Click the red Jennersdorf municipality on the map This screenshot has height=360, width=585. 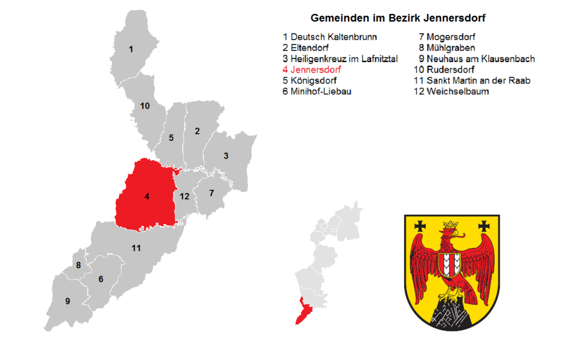tap(146, 196)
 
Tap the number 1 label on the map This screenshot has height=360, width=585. tap(130, 49)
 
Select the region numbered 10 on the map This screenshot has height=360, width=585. tap(144, 106)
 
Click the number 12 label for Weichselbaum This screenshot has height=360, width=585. tap(184, 196)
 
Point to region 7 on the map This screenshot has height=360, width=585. tap(211, 193)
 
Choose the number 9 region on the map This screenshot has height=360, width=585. tap(67, 301)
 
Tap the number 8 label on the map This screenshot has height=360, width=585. tap(78, 265)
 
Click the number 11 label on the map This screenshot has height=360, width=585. tap(136, 248)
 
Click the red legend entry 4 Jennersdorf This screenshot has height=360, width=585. tap(311, 70)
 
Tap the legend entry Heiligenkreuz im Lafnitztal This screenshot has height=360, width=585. tap(339, 59)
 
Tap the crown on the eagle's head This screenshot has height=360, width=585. tap(451, 227)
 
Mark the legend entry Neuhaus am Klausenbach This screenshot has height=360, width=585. tap(477, 59)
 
